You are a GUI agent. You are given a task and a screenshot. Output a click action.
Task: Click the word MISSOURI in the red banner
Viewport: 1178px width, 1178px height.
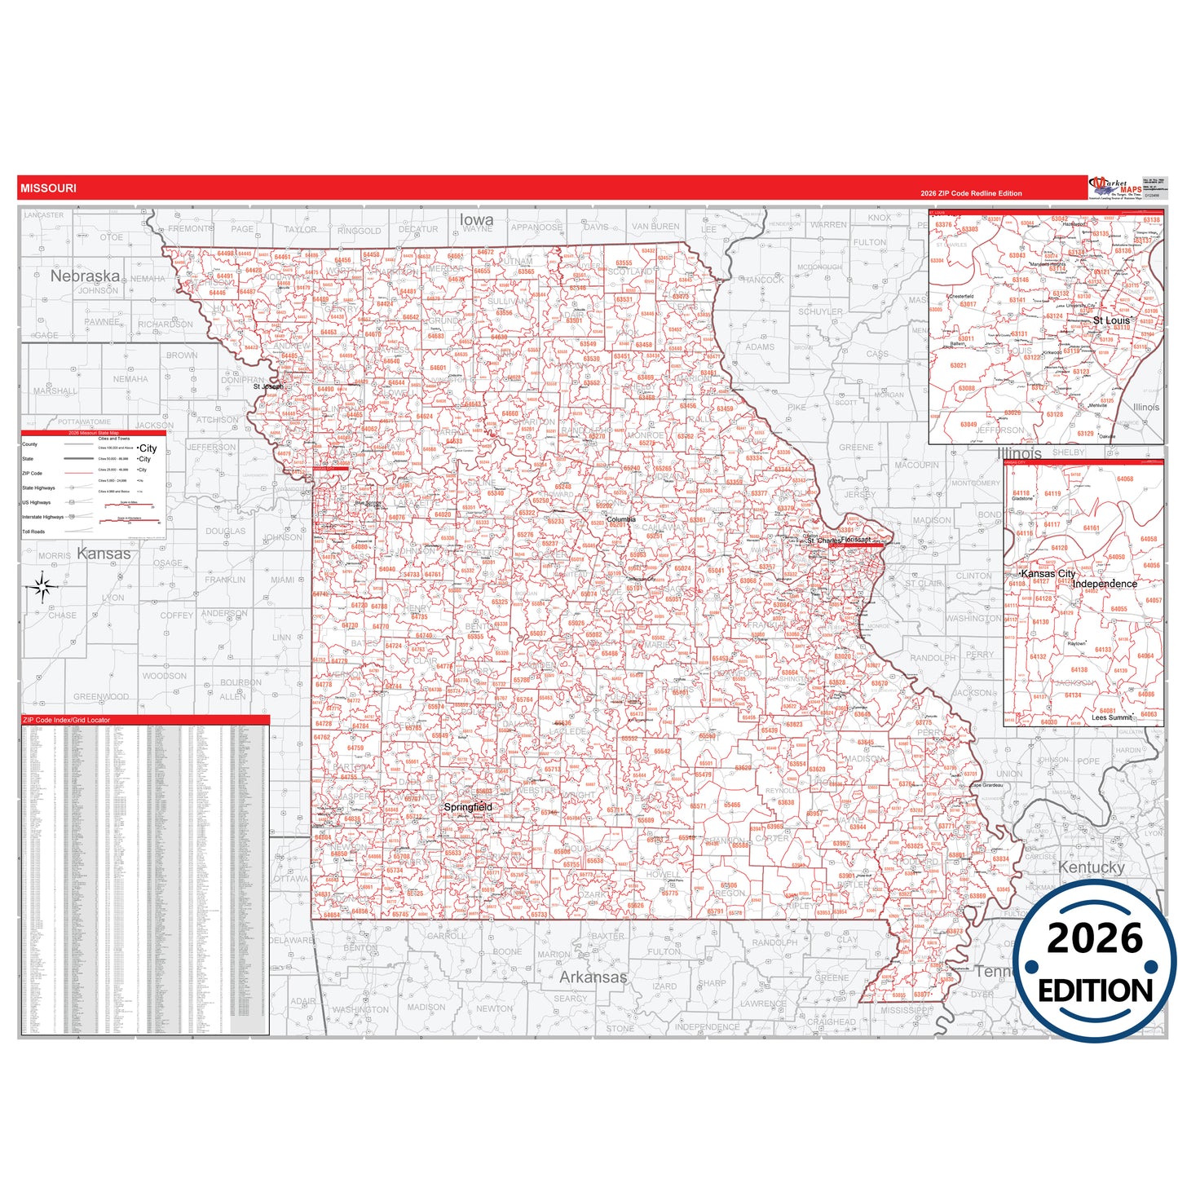coord(49,188)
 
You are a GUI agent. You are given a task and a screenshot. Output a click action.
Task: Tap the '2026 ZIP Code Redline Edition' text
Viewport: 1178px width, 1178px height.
coord(971,193)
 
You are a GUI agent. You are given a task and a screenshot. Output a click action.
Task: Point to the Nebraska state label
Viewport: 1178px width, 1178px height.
coord(85,276)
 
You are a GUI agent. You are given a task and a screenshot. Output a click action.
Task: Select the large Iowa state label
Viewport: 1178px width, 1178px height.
coord(476,219)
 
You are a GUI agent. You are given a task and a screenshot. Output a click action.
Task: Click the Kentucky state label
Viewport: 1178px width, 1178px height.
coord(1091,867)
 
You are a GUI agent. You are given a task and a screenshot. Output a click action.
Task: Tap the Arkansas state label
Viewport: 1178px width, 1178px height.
coord(593,977)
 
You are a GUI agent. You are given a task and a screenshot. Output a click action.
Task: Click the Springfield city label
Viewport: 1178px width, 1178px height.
coord(468,807)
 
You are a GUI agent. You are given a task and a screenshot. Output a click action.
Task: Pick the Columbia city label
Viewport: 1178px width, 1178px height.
coord(621,519)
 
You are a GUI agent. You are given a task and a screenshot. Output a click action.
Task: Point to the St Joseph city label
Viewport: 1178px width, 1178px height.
coord(267,386)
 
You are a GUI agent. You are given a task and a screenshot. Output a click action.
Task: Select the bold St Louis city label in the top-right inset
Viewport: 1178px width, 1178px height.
coord(1112,320)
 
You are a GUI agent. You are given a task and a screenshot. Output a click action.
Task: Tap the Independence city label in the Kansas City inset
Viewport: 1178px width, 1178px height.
coord(1105,584)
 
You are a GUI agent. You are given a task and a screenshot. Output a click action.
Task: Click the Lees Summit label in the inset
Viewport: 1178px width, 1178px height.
coord(1112,717)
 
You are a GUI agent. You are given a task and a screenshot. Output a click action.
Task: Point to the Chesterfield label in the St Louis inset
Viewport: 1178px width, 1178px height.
coord(961,297)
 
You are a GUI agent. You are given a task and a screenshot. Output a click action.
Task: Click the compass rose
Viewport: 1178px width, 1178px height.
coord(43,586)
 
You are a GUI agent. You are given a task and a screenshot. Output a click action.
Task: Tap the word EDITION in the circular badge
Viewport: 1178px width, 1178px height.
coord(1095,990)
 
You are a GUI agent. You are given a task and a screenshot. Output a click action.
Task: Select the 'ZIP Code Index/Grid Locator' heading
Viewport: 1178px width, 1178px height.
coord(66,720)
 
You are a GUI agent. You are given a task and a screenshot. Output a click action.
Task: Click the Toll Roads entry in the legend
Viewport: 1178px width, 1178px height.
coord(33,532)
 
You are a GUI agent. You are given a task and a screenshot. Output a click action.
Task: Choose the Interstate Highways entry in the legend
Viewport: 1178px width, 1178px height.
coord(42,517)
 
